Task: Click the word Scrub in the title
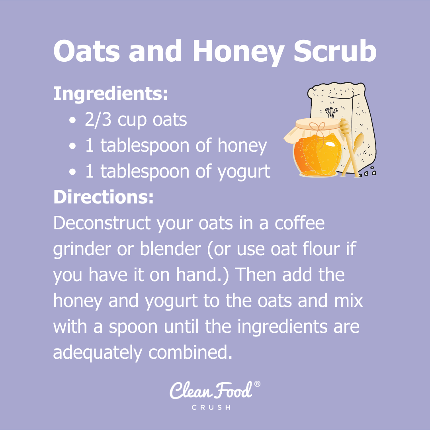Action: point(335,51)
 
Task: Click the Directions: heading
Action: point(104,197)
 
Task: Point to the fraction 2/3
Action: point(98,120)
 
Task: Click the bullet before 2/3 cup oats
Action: point(72,120)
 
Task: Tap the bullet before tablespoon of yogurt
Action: point(72,172)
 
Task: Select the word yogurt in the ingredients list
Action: point(244,172)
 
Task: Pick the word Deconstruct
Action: point(102,223)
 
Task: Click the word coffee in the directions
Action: point(300,223)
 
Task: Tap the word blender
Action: point(170,248)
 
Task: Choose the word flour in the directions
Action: point(321,248)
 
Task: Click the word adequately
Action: point(98,353)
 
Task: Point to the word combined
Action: point(190,352)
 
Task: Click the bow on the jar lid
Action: point(317,127)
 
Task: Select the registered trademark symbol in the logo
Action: point(257,384)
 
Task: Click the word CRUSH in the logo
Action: point(211,408)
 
